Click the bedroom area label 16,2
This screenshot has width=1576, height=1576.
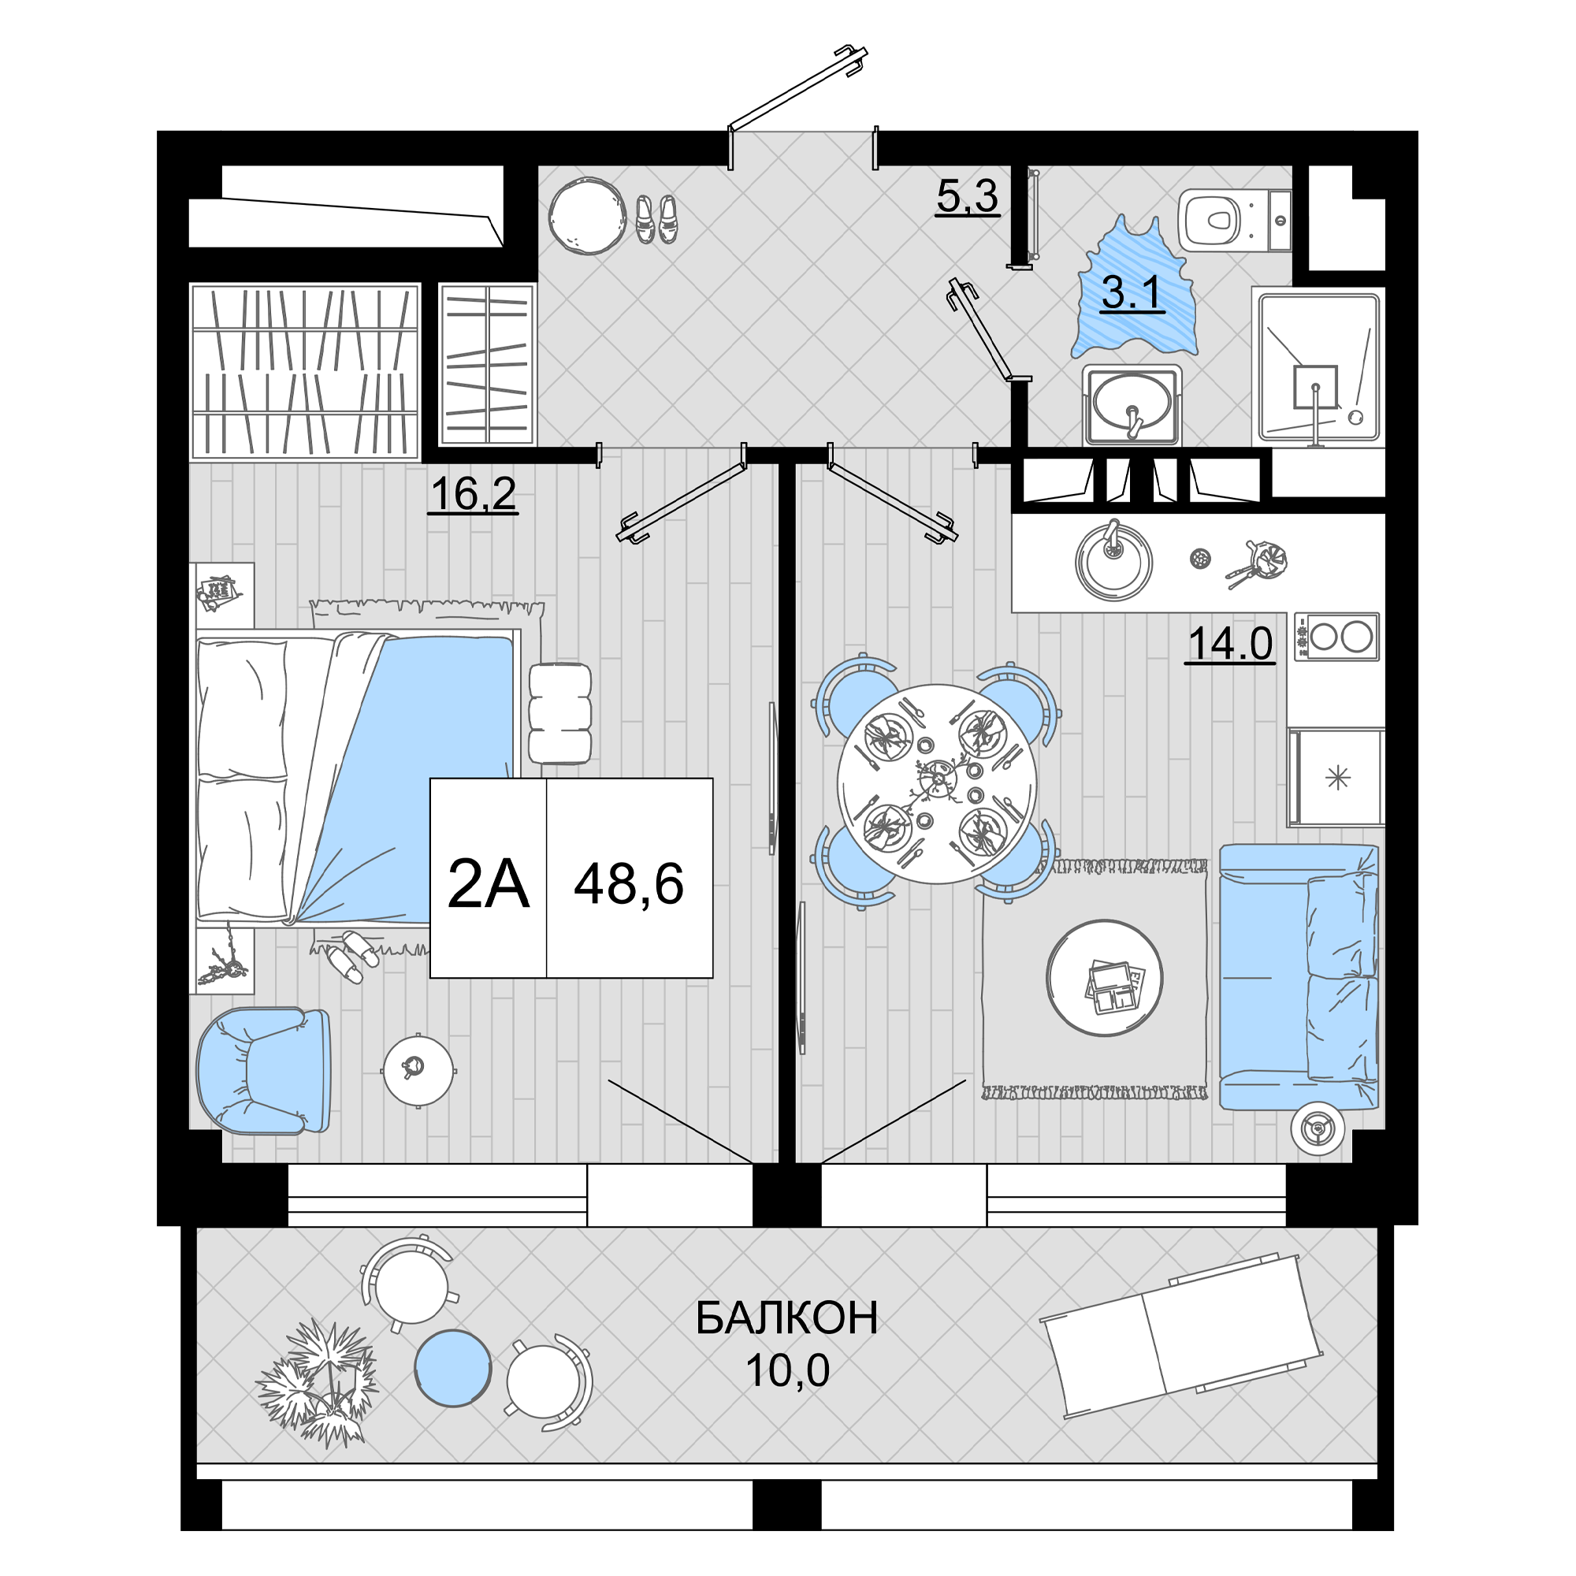[x=473, y=494]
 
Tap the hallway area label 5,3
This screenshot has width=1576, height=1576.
[x=968, y=195]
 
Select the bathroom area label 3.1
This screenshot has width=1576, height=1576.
[x=1132, y=293]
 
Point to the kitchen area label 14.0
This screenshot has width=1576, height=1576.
[x=1230, y=644]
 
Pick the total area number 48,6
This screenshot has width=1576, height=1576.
[x=629, y=884]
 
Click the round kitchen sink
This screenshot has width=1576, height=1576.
[x=1113, y=560]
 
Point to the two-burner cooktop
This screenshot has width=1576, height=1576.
[x=1336, y=637]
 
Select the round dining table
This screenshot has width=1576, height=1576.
[x=937, y=784]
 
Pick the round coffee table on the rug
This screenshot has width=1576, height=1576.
[x=1105, y=977]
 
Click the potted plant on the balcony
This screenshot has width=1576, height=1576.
[x=318, y=1383]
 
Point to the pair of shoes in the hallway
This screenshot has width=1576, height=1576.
[x=656, y=218]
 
